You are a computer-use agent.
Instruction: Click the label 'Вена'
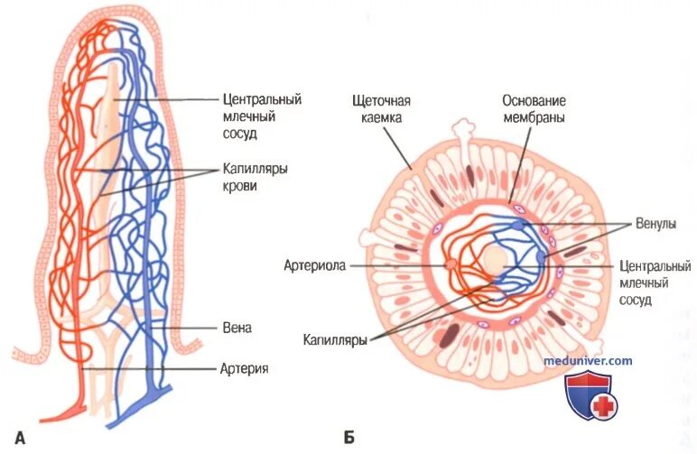(x=237, y=329)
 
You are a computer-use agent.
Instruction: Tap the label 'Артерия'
(x=244, y=368)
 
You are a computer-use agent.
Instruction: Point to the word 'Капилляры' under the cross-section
(x=335, y=340)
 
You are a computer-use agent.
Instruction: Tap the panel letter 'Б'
(x=348, y=440)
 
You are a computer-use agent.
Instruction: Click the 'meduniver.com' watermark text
(x=588, y=361)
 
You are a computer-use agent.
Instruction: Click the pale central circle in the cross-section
(x=493, y=262)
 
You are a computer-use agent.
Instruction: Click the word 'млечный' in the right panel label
(x=644, y=284)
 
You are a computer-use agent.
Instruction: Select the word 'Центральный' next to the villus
(x=261, y=98)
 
